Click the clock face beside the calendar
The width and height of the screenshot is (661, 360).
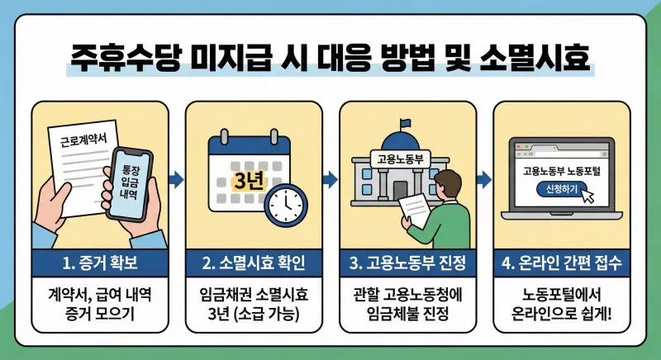coord(286,201)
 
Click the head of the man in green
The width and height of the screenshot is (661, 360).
coord(449,182)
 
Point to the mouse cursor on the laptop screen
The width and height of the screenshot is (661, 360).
coord(587,196)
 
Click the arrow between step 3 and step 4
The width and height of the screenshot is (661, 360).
coord(483,179)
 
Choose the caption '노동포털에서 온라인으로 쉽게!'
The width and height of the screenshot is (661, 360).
coord(561,304)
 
